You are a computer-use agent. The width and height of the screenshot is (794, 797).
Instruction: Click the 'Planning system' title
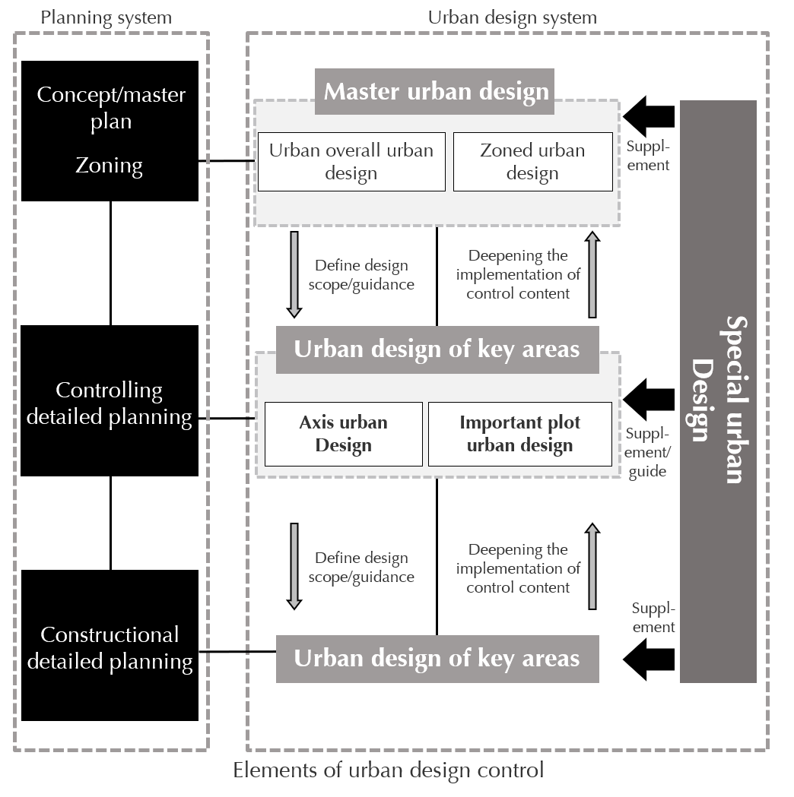click(106, 17)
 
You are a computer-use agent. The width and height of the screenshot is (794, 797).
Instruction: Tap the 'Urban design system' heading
click(512, 17)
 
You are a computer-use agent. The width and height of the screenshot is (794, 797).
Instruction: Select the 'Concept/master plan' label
click(111, 108)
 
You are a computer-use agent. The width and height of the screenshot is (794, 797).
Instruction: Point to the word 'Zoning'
click(109, 165)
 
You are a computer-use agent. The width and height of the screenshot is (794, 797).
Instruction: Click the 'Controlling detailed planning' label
click(109, 403)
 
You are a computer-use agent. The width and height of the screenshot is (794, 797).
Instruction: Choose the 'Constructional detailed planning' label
click(110, 648)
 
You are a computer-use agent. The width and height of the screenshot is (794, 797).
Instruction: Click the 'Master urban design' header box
click(435, 92)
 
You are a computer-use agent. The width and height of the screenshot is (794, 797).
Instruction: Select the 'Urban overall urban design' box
click(351, 162)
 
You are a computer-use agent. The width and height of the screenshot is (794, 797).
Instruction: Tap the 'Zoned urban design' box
click(532, 162)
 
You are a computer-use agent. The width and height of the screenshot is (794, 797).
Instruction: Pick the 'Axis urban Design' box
click(343, 434)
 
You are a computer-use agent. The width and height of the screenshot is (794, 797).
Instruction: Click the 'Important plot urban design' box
click(519, 434)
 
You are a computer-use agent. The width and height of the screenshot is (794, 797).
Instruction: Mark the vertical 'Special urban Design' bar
click(718, 391)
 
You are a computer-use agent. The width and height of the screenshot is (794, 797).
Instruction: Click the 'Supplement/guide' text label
click(648, 452)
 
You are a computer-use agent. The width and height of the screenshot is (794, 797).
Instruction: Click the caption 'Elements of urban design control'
click(388, 770)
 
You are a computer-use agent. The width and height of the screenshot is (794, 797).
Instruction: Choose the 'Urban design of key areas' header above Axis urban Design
click(437, 349)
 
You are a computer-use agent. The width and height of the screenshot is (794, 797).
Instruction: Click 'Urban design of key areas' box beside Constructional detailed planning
click(437, 659)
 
